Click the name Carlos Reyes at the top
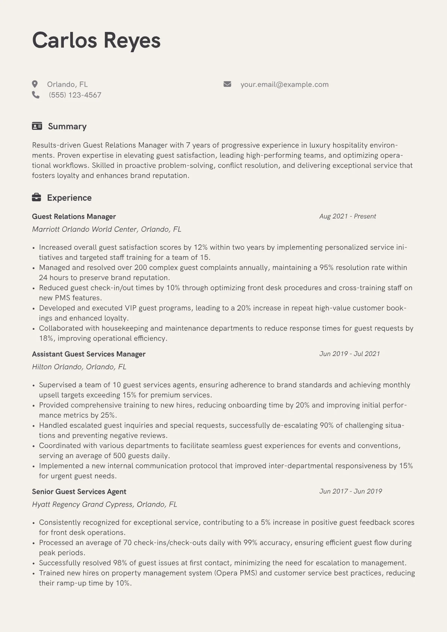(96, 40)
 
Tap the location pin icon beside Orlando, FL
(35, 84)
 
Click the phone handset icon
(36, 95)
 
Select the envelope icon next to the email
(227, 84)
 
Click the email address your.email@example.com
(284, 84)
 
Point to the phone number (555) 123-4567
(75, 95)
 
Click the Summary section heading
(67, 126)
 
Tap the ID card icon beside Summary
(37, 126)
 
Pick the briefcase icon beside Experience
(36, 198)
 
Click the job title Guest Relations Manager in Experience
(74, 216)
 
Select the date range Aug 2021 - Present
(347, 216)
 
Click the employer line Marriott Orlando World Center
(106, 229)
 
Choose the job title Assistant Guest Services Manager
(89, 354)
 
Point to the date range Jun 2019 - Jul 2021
(349, 354)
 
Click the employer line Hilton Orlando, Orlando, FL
(79, 367)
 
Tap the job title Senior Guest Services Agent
(79, 492)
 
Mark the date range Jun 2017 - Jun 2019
(350, 491)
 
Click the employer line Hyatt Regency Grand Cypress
(104, 504)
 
